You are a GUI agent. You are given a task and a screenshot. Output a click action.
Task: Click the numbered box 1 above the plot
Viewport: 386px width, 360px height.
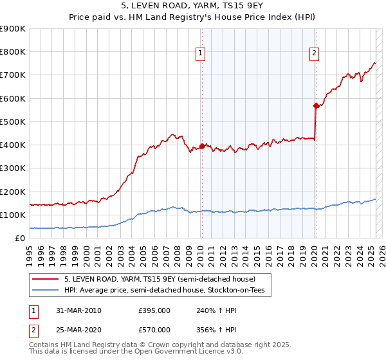click(201, 53)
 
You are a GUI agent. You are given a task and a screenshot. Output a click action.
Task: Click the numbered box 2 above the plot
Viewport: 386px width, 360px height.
click(315, 53)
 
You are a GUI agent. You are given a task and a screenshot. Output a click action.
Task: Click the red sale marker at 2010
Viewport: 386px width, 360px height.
click(202, 146)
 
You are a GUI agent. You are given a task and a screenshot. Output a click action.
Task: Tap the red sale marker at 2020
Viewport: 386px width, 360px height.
click(316, 105)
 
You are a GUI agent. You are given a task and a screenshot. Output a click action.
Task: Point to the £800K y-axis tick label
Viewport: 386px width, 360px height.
click(13, 52)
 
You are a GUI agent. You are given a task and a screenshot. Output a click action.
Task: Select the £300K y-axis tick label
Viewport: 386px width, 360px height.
click(13, 168)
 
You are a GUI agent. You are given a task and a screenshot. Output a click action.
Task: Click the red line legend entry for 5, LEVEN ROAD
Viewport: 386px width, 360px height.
click(160, 279)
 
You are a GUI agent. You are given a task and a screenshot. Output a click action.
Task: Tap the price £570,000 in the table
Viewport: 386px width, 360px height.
click(154, 330)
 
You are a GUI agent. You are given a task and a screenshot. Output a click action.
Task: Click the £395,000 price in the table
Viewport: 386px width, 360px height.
click(154, 310)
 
